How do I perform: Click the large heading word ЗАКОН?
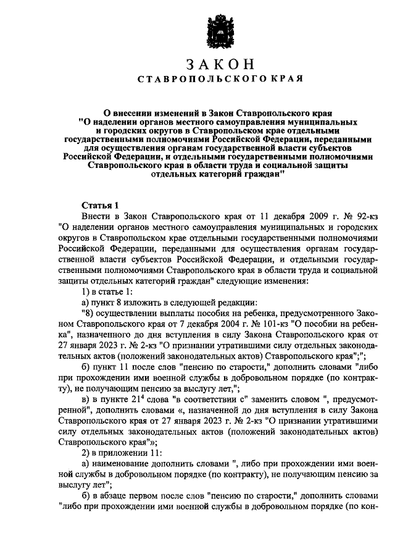click(220, 64)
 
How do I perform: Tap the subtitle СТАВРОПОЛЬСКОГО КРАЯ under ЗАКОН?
click(220, 79)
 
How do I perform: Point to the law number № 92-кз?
click(358, 217)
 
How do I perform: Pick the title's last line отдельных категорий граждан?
click(218, 174)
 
